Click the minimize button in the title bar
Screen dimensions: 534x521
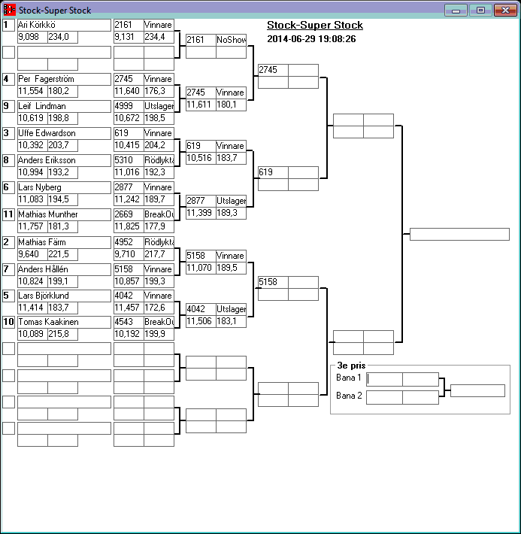[456, 11]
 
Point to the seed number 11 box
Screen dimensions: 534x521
[8, 214]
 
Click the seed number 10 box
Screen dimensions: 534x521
[8, 322]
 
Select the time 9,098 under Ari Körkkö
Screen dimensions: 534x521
[32, 37]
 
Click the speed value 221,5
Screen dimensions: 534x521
[62, 254]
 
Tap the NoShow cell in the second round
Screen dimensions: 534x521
[231, 40]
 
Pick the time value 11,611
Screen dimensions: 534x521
[201, 105]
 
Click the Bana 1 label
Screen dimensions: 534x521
[349, 378]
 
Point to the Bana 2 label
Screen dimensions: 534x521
[349, 396]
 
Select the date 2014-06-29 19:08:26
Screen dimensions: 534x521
[311, 39]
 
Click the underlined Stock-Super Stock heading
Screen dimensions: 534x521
[315, 26]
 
